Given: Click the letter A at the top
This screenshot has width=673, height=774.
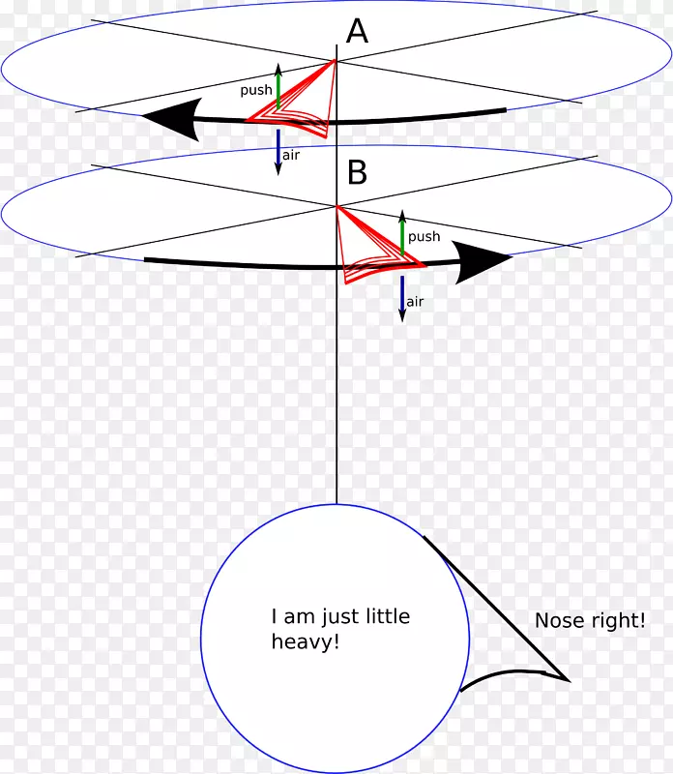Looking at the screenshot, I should click(x=358, y=32).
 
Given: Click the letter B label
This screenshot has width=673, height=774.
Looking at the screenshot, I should click(x=358, y=173).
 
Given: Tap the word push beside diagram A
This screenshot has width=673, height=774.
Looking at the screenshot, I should click(x=256, y=89).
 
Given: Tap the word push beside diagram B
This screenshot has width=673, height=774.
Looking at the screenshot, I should click(x=424, y=236).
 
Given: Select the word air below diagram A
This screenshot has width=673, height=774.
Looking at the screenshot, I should click(x=290, y=155).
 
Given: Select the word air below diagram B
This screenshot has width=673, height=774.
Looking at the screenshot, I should click(x=415, y=302).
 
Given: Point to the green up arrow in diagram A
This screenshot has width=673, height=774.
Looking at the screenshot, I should click(x=278, y=85).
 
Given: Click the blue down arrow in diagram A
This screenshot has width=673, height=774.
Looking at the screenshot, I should click(x=278, y=152).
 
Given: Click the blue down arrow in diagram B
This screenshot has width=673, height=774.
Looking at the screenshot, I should click(x=402, y=298).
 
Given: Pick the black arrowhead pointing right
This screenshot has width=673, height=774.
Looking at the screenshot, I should click(x=485, y=259).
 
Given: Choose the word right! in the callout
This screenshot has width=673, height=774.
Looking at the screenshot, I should click(x=615, y=621).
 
